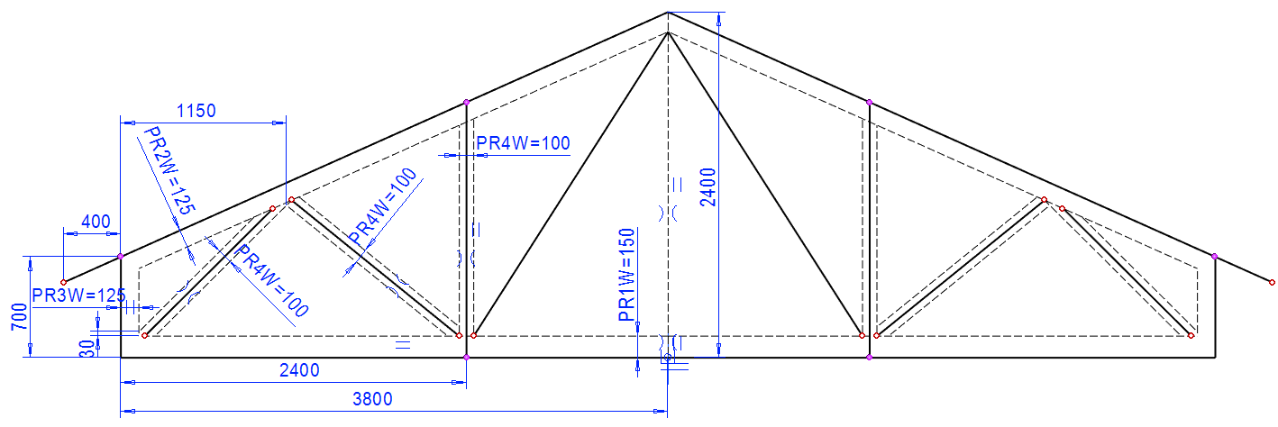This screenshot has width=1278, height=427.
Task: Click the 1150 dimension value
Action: pyautogui.click(x=196, y=111)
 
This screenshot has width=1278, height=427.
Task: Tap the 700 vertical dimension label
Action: pyautogui.click(x=17, y=317)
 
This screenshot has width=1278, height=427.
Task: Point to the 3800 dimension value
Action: pyautogui.click(x=372, y=399)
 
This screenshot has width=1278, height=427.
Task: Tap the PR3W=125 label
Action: pyautogui.click(x=78, y=295)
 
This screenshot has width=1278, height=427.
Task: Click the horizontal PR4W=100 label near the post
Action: pyautogui.click(x=524, y=142)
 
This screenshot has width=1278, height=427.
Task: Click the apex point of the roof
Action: pyautogui.click(x=668, y=13)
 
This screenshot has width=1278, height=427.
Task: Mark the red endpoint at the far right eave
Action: pyautogui.click(x=1272, y=283)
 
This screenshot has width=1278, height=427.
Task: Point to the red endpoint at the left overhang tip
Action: pyautogui.click(x=63, y=283)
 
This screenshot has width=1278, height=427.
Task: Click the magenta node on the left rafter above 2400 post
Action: pyautogui.click(x=466, y=102)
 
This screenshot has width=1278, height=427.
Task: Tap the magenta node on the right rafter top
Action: pyautogui.click(x=869, y=102)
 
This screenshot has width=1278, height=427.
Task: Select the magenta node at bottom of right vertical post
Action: pyautogui.click(x=869, y=358)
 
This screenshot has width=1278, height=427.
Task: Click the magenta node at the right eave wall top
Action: pyautogui.click(x=1215, y=257)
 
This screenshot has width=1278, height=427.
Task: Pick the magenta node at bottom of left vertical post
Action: pyautogui.click(x=466, y=358)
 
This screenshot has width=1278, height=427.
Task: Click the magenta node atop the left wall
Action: pyautogui.click(x=121, y=257)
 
